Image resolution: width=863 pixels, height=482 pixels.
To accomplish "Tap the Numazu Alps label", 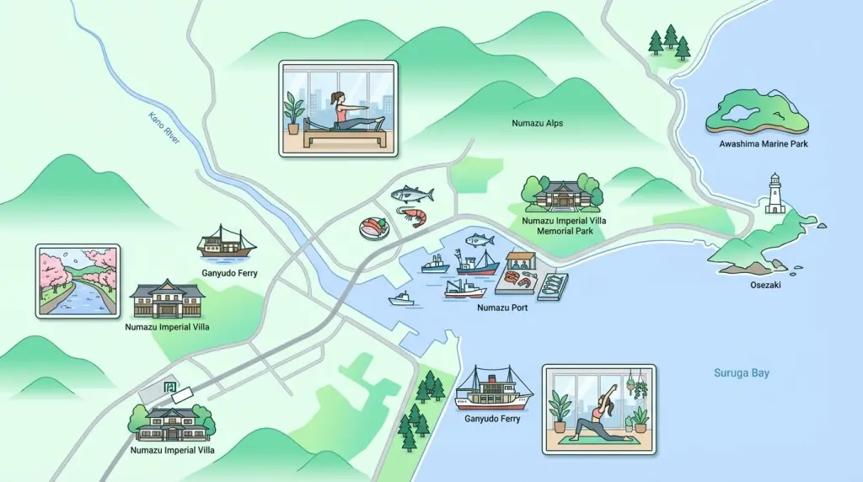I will (537, 124).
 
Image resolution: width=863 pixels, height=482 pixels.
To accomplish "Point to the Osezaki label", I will (764, 285).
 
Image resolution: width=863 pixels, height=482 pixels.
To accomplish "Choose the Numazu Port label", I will (502, 308).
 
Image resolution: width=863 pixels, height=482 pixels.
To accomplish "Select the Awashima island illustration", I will (757, 114).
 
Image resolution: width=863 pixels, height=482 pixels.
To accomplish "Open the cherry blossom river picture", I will (78, 281).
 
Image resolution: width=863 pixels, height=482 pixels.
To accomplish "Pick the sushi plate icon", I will (373, 228).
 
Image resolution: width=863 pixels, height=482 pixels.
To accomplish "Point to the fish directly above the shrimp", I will (413, 195).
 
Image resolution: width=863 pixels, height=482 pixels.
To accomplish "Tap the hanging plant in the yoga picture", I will (641, 387).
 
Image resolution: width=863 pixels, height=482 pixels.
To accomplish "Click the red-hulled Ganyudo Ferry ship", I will (494, 389).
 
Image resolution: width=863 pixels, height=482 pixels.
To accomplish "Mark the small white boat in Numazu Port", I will (401, 298).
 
